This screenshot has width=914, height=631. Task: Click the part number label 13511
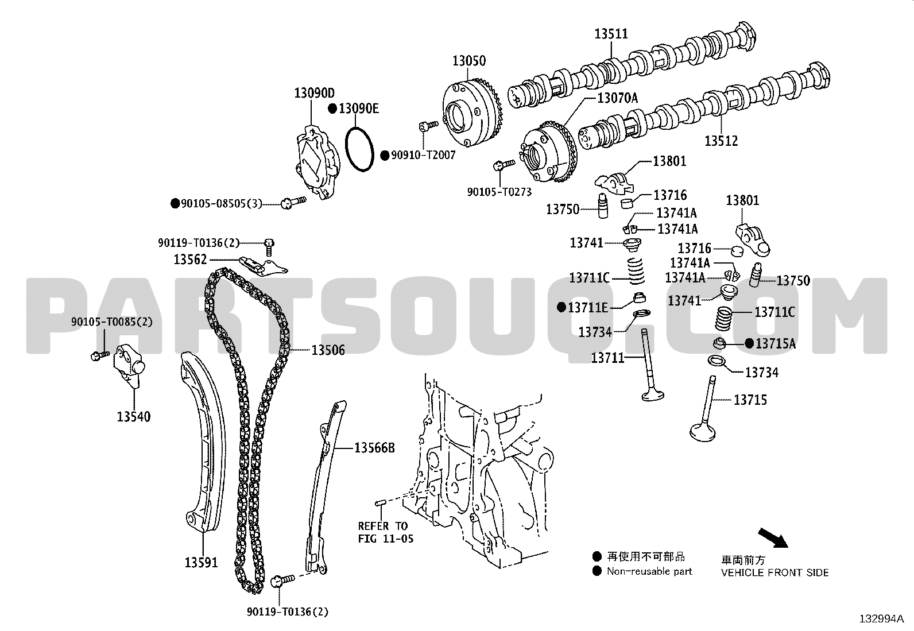611,33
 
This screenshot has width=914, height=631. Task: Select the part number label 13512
721,141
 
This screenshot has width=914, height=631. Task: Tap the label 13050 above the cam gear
469,61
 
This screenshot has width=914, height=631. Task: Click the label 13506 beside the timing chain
328,350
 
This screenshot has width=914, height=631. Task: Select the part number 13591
201,563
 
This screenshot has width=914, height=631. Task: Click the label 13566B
374,448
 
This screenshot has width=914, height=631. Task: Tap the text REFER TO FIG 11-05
385,532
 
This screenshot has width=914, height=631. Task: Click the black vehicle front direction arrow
773,538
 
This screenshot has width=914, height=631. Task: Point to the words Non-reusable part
649,571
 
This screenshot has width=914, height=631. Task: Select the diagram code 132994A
882,619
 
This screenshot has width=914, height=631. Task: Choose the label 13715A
775,344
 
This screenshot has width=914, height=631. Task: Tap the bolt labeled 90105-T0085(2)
99,356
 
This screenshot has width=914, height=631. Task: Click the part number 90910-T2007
423,155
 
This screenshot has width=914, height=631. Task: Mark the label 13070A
617,98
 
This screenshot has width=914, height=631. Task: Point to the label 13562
190,260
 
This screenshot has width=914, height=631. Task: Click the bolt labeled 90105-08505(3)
293,202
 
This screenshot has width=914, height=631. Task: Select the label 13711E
587,307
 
